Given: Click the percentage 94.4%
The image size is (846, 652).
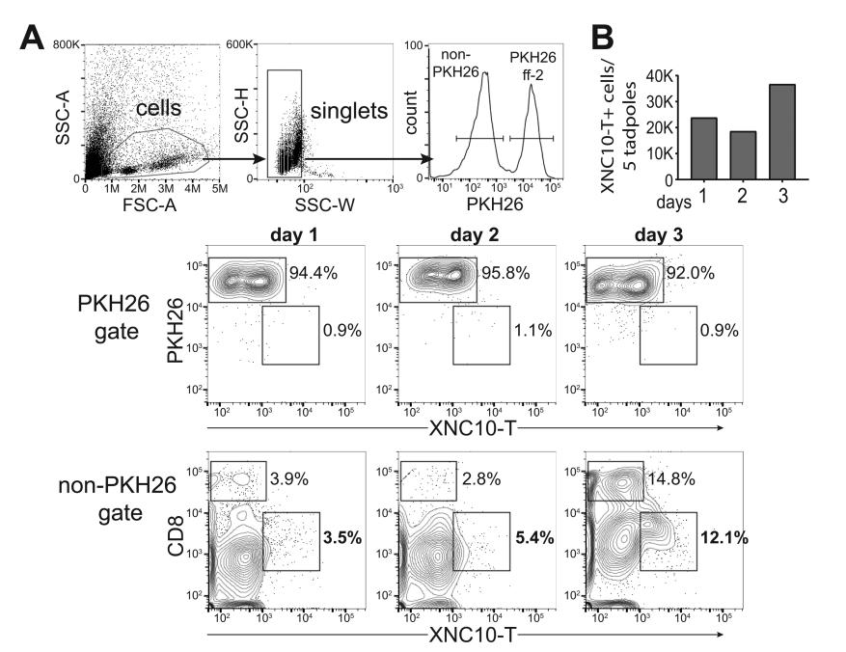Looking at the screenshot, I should (314, 273).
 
